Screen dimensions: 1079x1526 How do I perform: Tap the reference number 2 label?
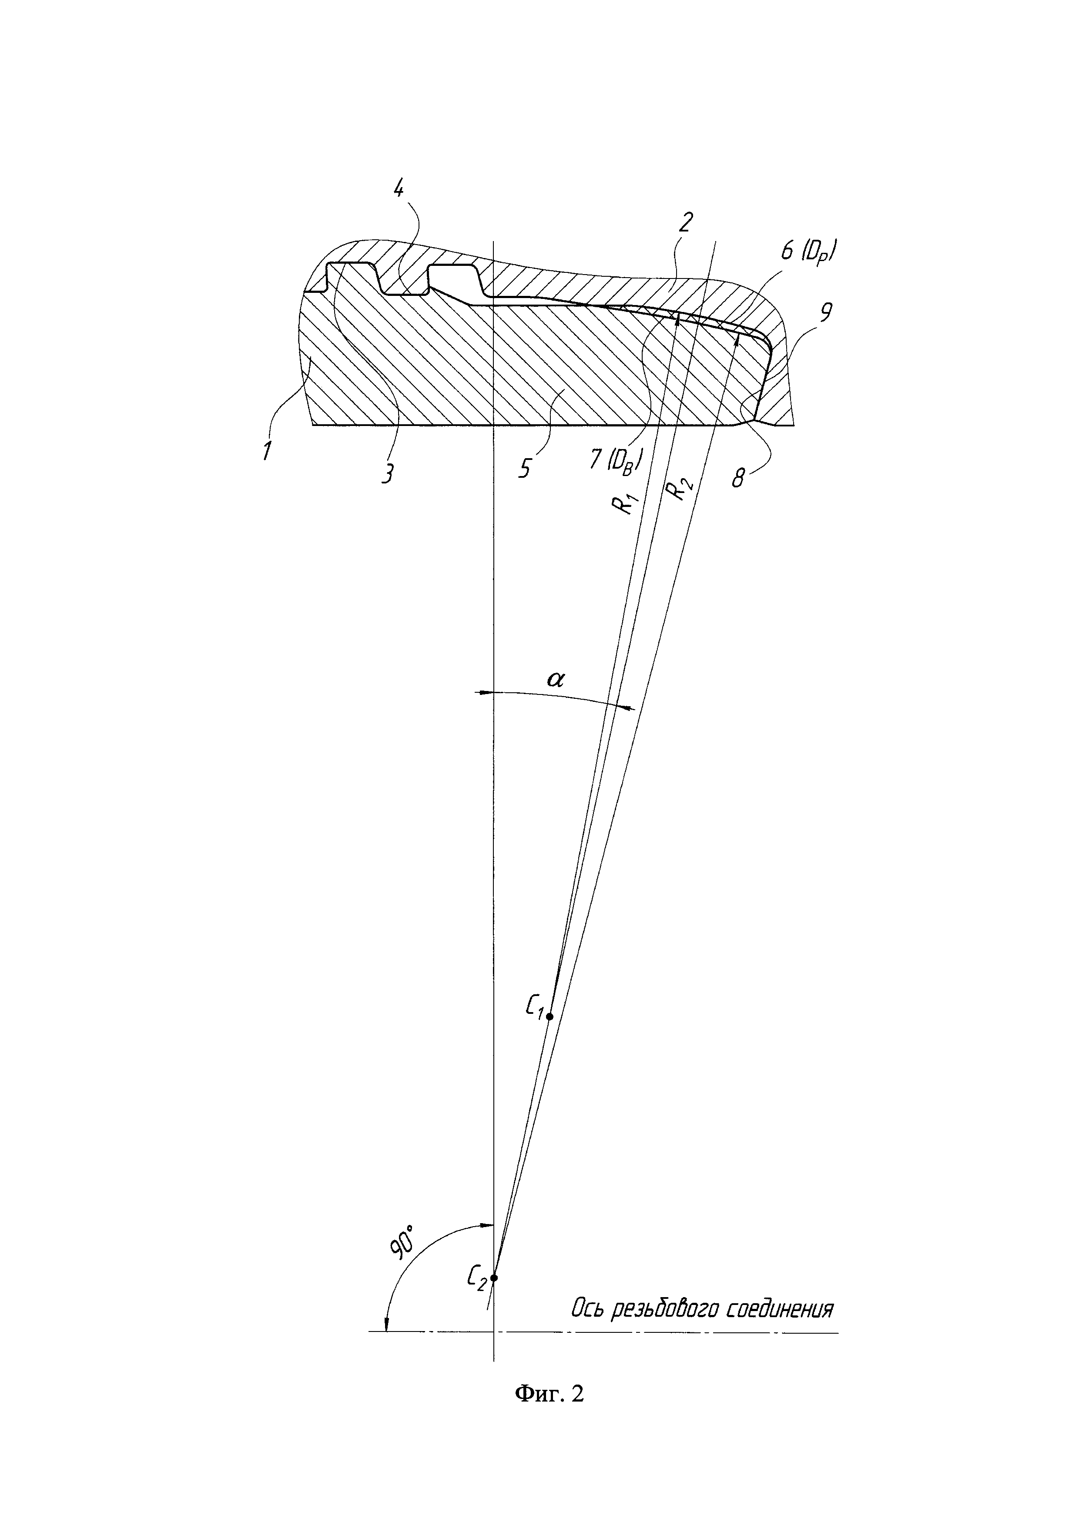tap(686, 222)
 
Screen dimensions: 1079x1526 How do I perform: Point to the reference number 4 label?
tap(399, 189)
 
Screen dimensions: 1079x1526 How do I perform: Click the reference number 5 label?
tap(524, 469)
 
